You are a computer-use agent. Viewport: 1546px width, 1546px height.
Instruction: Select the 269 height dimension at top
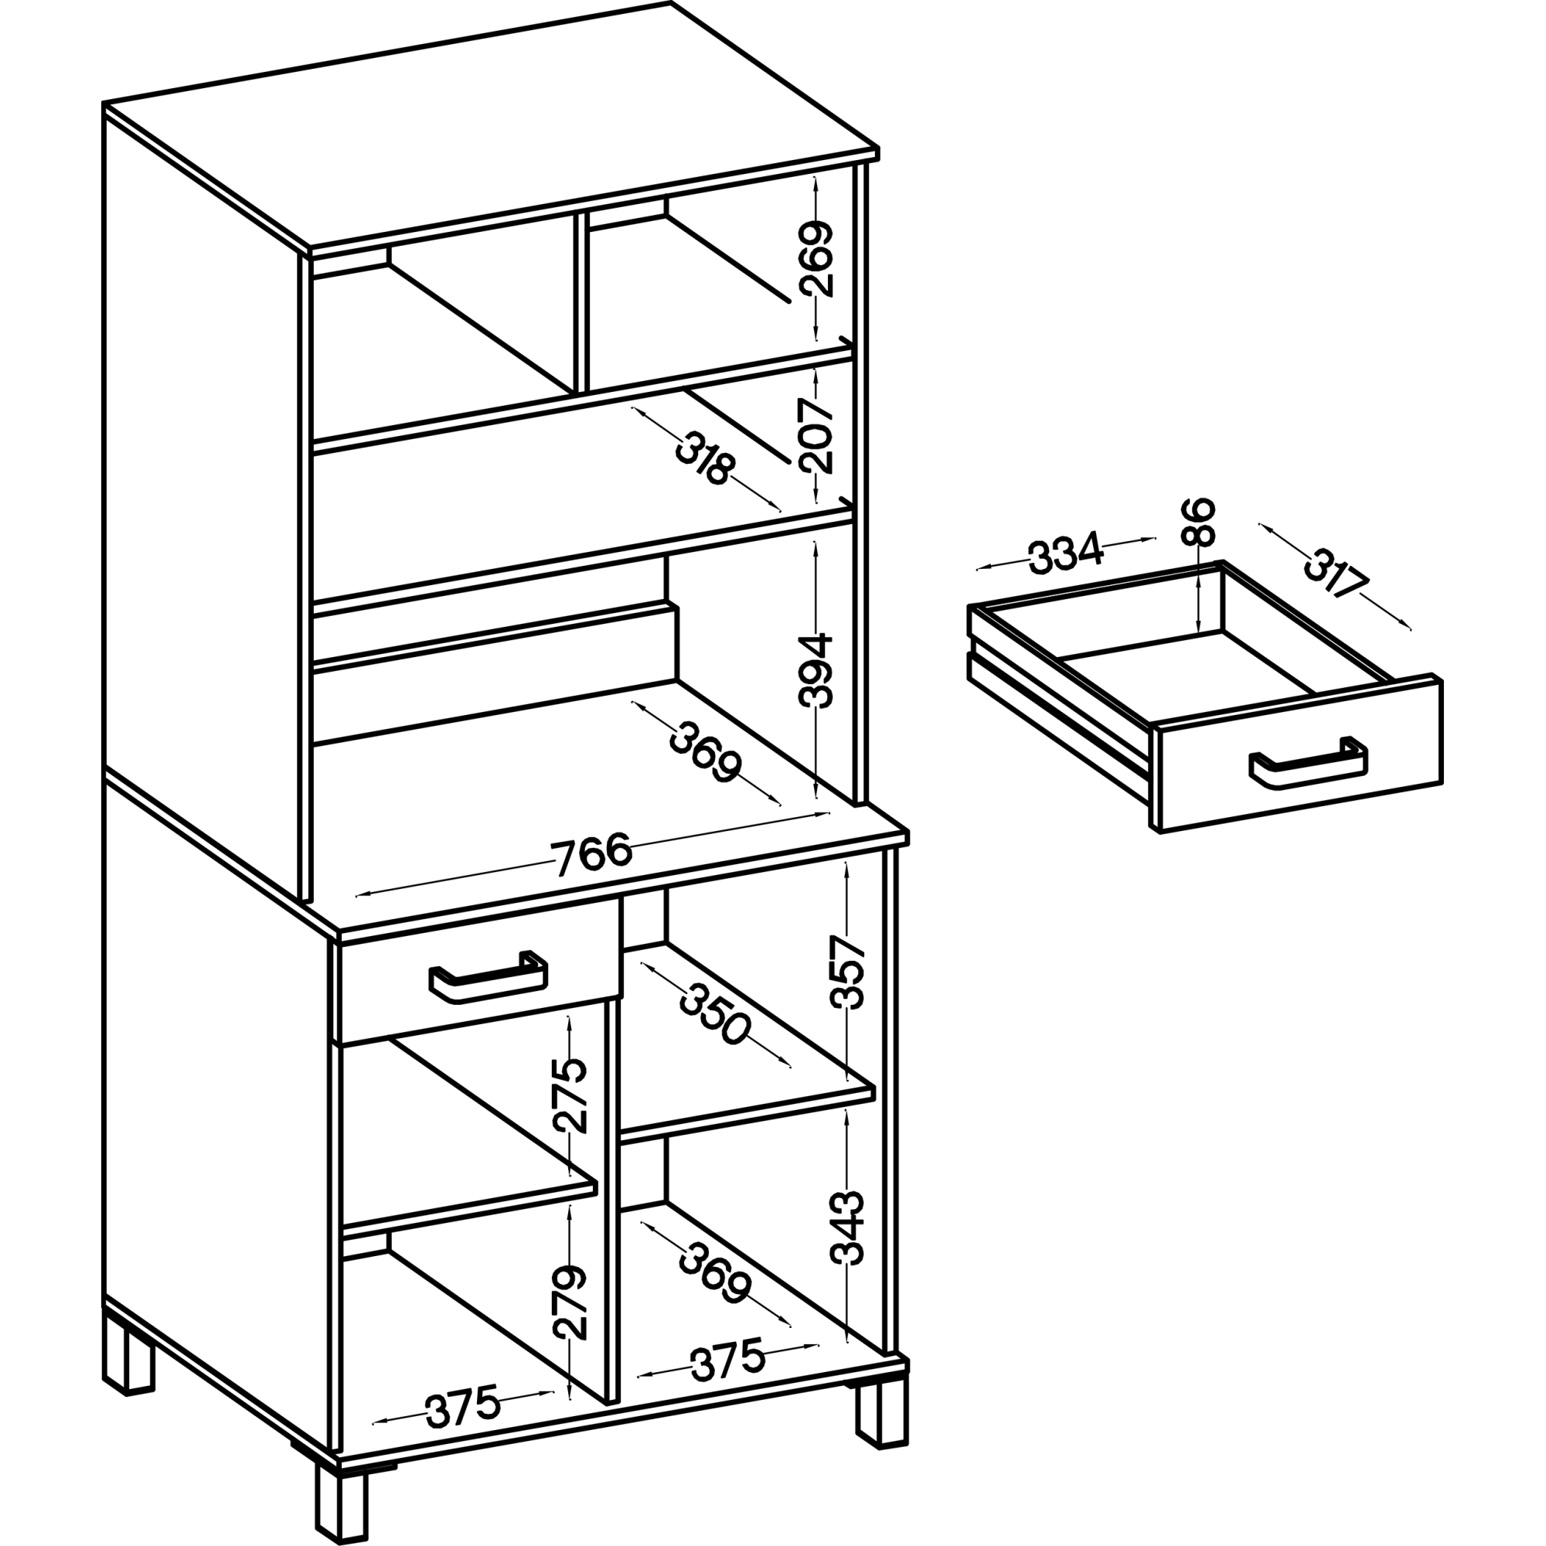816,260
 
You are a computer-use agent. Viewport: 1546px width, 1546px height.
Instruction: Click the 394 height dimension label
816,670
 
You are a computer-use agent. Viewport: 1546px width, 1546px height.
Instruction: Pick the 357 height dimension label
848,972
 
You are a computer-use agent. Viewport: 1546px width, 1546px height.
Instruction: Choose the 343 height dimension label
848,1228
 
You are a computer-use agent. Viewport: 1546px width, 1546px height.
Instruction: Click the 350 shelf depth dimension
714,1016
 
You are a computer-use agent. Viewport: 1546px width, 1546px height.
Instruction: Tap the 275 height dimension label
570,1095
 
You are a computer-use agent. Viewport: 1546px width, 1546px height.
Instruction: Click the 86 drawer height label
1199,521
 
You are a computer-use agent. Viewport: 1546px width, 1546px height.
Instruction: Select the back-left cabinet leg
128,1354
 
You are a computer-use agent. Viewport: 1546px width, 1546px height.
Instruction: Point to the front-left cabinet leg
342,1498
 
